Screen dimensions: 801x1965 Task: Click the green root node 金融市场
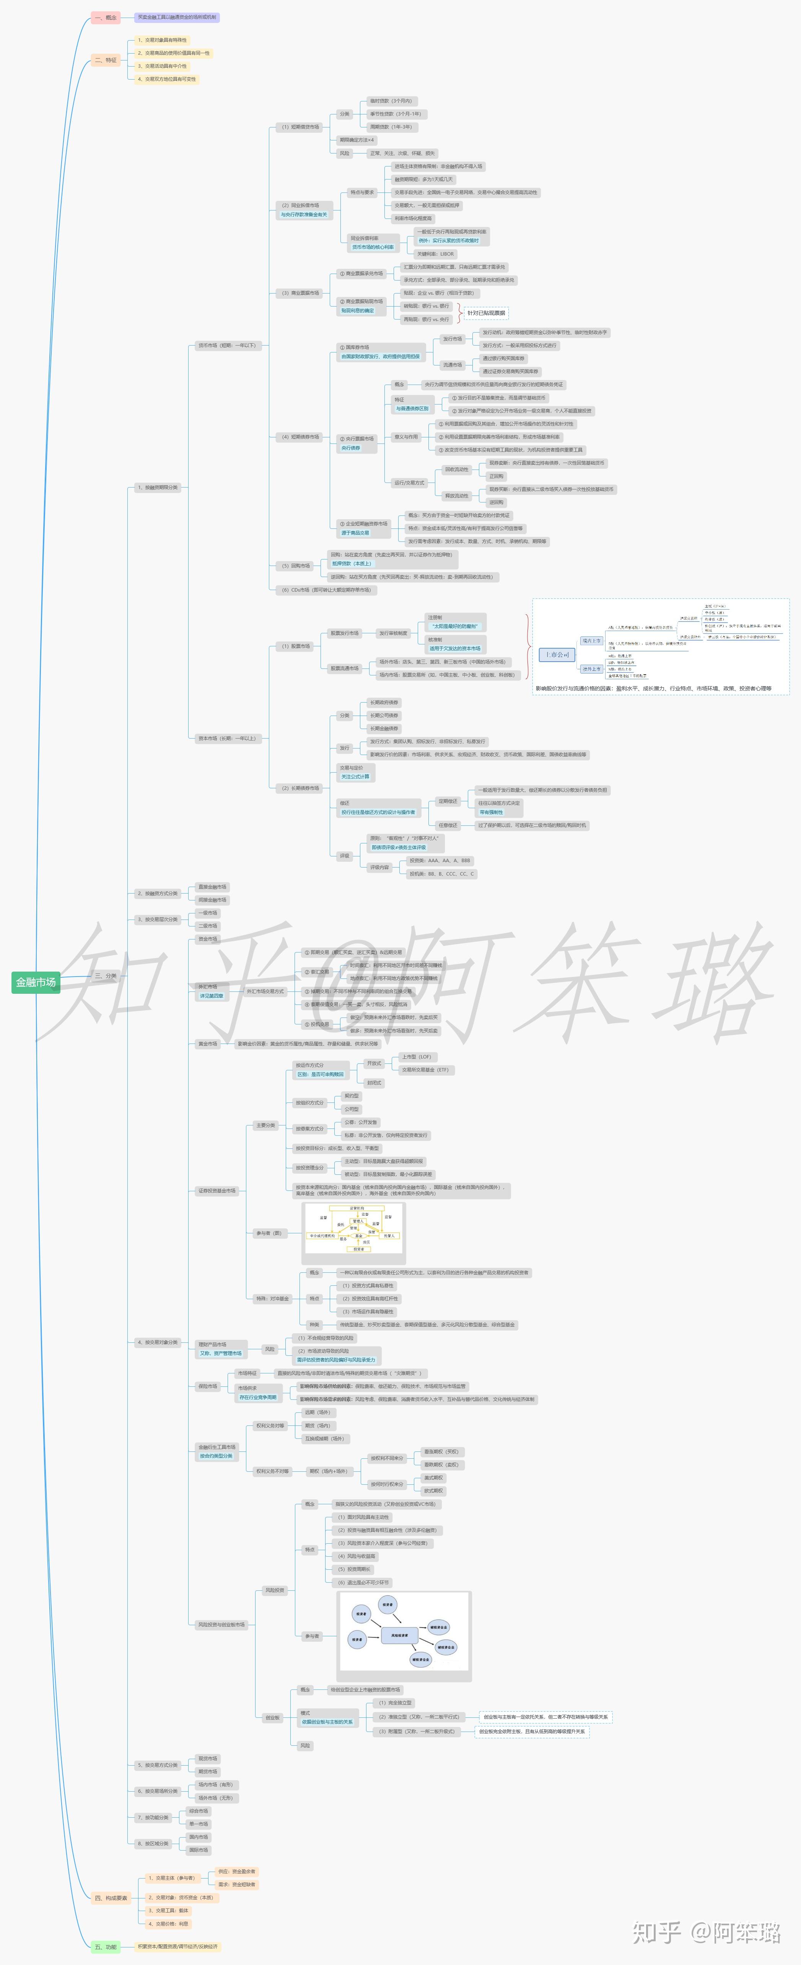[x=36, y=982]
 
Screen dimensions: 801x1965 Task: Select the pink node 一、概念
[x=105, y=17]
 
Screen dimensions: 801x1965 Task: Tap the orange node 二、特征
[x=105, y=59]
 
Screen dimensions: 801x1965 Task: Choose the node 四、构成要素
[x=111, y=1897]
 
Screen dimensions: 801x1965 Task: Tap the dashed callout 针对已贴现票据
[x=486, y=313]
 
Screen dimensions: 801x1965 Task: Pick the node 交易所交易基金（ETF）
[x=425, y=1070]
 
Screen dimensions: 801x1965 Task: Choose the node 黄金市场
[x=207, y=1044]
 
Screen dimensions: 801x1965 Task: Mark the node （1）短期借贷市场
[x=300, y=127]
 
